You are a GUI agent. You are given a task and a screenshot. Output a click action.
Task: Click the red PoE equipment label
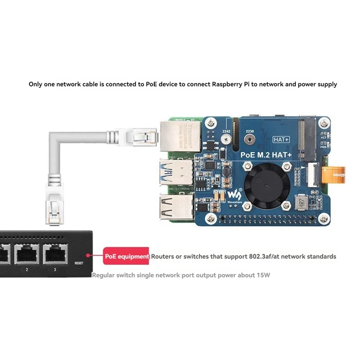click(x=126, y=256)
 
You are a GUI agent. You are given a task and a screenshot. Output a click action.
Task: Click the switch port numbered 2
click(x=27, y=254)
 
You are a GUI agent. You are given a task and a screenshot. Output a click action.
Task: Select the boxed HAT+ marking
click(x=282, y=140)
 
